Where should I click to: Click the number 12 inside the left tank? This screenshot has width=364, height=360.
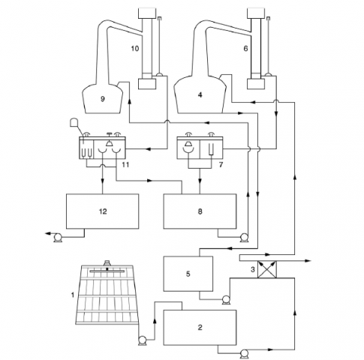pyautogui.click(x=103, y=211)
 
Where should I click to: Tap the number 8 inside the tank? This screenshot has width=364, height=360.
pyautogui.click(x=200, y=211)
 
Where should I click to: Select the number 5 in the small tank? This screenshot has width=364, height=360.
pyautogui.click(x=188, y=274)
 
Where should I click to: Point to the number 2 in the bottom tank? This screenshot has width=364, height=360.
pyautogui.click(x=200, y=327)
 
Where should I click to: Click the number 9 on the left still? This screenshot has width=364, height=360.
pyautogui.click(x=103, y=99)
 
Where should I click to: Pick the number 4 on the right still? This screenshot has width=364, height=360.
pyautogui.click(x=200, y=95)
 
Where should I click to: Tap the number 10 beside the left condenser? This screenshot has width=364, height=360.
pyautogui.click(x=135, y=48)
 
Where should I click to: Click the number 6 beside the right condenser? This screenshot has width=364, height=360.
pyautogui.click(x=245, y=48)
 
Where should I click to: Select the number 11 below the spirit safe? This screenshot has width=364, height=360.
pyautogui.click(x=125, y=165)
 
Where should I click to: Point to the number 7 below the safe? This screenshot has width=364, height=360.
pyautogui.click(x=221, y=165)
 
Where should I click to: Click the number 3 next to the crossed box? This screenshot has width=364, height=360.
pyautogui.click(x=253, y=269)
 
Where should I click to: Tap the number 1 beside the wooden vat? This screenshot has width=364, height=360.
pyautogui.click(x=73, y=295)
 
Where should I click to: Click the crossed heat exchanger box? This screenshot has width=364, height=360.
pyautogui.click(x=267, y=269)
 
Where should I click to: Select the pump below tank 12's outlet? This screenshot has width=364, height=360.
pyautogui.click(x=59, y=238)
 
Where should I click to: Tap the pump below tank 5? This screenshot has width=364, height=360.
pyautogui.click(x=226, y=300)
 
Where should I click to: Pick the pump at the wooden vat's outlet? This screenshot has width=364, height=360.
pyautogui.click(x=143, y=340)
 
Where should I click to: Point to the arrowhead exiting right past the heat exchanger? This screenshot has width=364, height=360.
pyautogui.click(x=308, y=261)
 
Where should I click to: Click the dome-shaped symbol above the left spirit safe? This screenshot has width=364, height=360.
pyautogui.click(x=74, y=122)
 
